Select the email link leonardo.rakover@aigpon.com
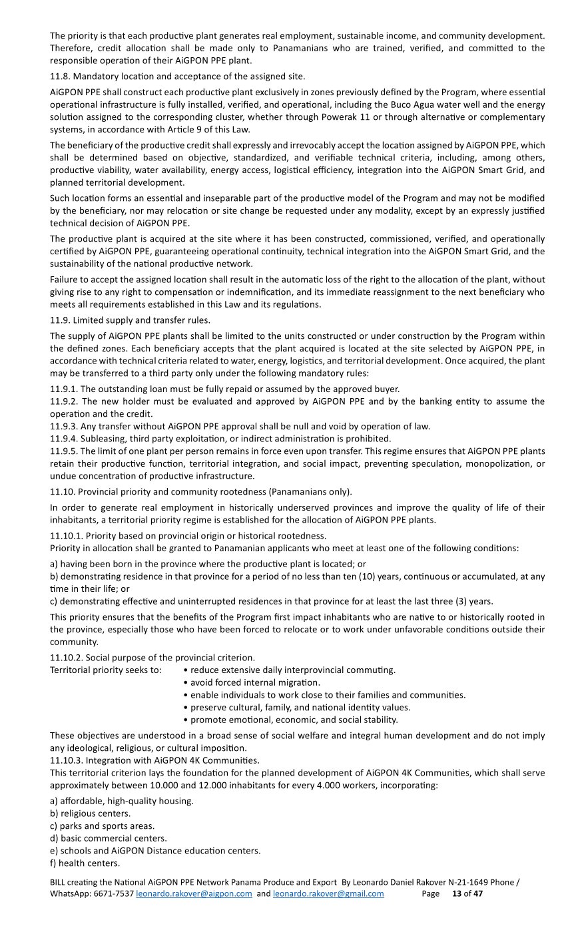(x=194, y=893)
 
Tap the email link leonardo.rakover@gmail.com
(x=328, y=893)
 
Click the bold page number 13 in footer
(x=457, y=893)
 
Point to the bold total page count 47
(x=478, y=893)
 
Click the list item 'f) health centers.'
(x=85, y=863)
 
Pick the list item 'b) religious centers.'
(x=90, y=814)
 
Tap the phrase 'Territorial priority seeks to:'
(x=105, y=670)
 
